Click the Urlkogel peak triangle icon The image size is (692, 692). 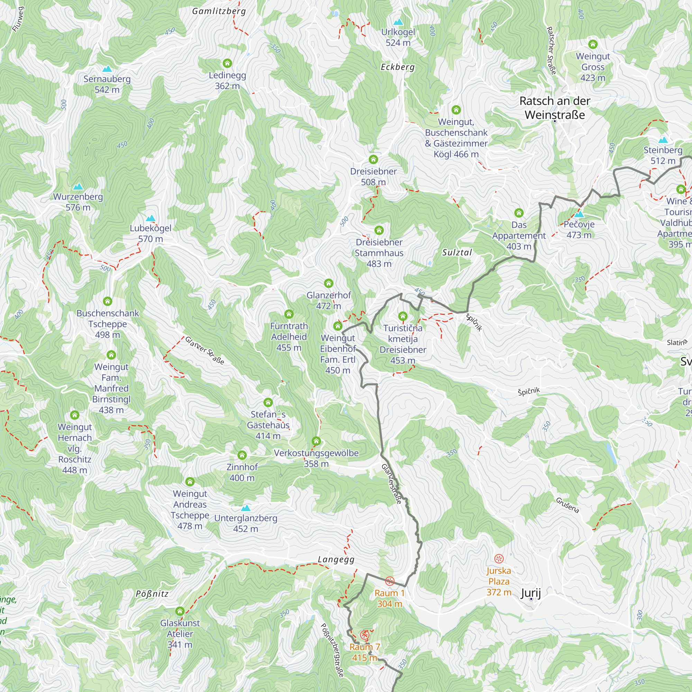tap(398, 22)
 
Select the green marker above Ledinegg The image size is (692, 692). tap(227, 63)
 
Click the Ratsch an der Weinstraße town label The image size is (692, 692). tap(554, 108)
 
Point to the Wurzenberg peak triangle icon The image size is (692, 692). tap(78, 186)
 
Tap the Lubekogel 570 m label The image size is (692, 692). tap(151, 233)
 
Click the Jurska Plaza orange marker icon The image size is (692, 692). tap(499, 558)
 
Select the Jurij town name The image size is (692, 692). tap(530, 593)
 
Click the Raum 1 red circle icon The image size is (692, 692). tap(389, 581)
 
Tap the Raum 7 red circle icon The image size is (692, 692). tap(364, 635)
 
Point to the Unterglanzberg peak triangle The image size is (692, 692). tap(245, 508)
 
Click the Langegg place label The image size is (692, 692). tap(336, 559)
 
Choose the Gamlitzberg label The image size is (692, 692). tap(219, 11)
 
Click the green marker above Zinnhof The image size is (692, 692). tap(242, 455)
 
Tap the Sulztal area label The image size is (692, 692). tap(457, 253)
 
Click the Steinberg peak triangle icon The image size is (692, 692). tap(663, 140)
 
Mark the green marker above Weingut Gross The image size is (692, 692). tap(593, 44)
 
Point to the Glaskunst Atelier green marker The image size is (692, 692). tap(180, 611)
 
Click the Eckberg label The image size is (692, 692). tap(398, 67)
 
